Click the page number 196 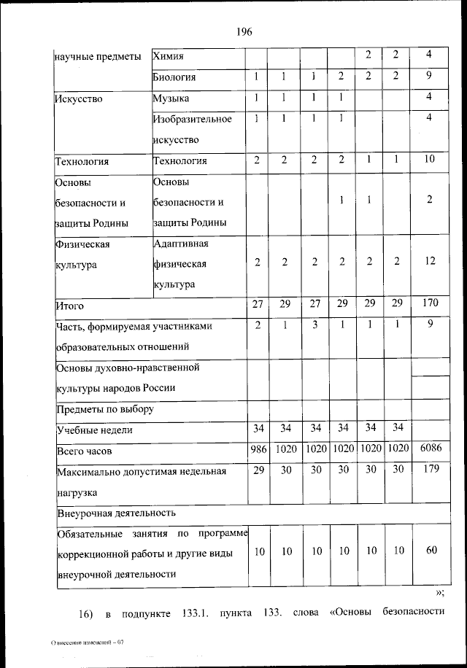point(244,31)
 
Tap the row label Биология point(175,77)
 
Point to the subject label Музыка point(171,98)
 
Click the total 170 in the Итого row point(430,303)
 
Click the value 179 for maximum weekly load point(430,470)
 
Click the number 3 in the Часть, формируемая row point(314,326)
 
